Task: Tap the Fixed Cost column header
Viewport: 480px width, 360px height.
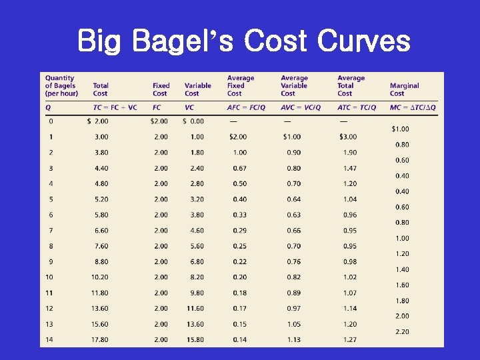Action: [x=161, y=89]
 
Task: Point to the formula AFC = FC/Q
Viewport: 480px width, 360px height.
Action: [x=245, y=107]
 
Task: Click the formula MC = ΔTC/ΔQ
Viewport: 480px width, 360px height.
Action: [x=413, y=107]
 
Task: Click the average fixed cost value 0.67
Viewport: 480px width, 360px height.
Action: [x=239, y=168]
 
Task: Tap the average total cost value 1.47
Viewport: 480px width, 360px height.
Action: [x=349, y=168]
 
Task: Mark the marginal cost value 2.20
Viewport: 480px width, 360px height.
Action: [x=402, y=331]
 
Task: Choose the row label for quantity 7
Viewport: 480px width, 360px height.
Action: [x=51, y=230]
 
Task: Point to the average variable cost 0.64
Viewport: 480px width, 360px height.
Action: [x=293, y=199]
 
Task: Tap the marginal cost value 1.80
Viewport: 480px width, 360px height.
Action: [x=402, y=301]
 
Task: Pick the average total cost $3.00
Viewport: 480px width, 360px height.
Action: [x=347, y=137]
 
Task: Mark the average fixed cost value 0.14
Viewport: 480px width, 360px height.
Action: [x=239, y=339]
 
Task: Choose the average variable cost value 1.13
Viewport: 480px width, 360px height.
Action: [x=293, y=339]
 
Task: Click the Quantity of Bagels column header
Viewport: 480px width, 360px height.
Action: [x=61, y=85]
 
